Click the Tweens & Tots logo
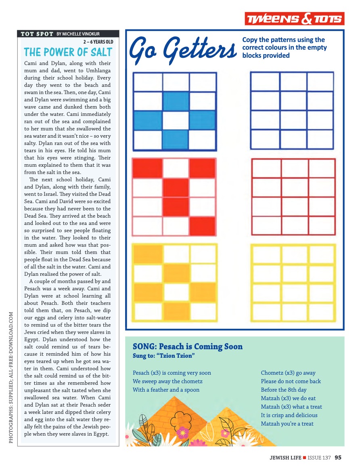coord(294,19)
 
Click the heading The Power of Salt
coord(68,52)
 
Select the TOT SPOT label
coord(37,34)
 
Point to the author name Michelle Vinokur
coord(78,34)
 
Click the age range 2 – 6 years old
coord(98,42)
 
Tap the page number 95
coord(338,457)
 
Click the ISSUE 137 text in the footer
coord(319,457)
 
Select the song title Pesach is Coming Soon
coord(188,346)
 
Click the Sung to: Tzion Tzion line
coord(164,356)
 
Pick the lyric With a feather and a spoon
coord(166,390)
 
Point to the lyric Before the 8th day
coord(283,390)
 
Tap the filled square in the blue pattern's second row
coord(176,101)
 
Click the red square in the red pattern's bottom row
coord(202,227)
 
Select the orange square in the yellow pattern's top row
coord(147,254)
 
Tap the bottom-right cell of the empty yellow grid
coord(321,312)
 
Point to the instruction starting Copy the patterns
coord(284,48)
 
